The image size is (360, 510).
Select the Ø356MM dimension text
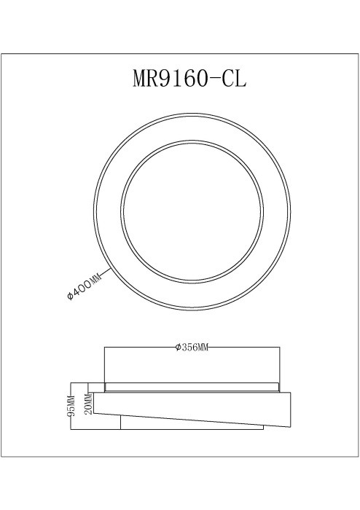[192, 348]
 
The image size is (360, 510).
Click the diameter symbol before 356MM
[178, 348]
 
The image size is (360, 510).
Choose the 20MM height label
[88, 399]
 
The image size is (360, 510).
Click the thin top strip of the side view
[192, 386]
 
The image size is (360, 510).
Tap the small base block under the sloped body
[192, 425]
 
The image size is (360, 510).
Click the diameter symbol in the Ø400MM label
[71, 297]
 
